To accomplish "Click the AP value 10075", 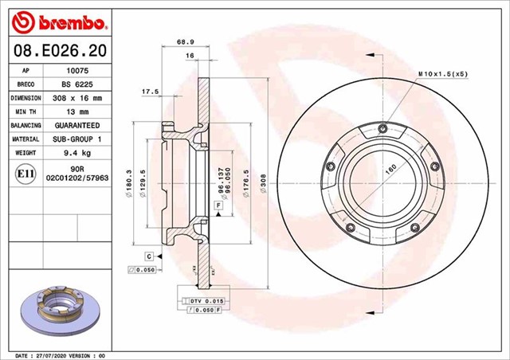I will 76,69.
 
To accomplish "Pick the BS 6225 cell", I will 76,84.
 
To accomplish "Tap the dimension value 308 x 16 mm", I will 76,98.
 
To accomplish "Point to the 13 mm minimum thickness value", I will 76,112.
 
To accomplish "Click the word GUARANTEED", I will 76,126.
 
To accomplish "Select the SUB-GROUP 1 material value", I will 76,139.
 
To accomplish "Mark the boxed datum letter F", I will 218,205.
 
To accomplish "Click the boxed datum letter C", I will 148,256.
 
